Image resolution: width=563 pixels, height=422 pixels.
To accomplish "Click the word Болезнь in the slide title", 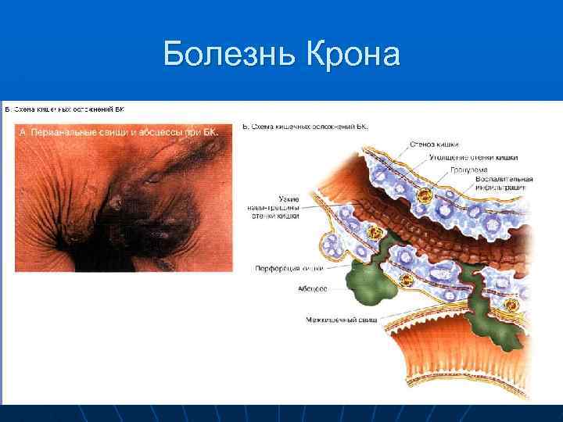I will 226,55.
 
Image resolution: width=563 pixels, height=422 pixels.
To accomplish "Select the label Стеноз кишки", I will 434,144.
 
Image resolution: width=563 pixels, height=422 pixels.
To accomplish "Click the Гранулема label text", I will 468,169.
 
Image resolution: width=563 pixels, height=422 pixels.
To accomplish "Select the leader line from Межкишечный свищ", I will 407,316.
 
